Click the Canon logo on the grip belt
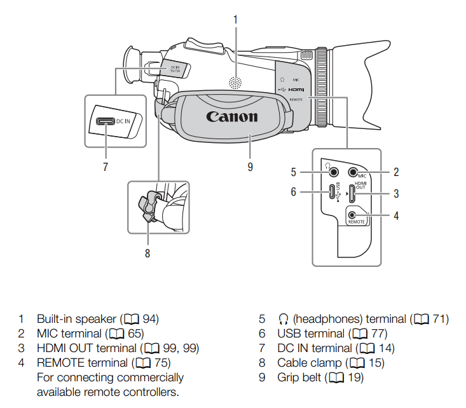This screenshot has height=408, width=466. tap(232, 116)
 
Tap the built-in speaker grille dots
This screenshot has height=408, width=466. tap(236, 83)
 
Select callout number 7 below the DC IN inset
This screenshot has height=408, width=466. tap(106, 167)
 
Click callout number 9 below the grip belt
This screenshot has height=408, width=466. tap(250, 167)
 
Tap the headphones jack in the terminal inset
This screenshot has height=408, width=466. tap(329, 172)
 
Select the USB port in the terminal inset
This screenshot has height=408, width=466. tap(332, 192)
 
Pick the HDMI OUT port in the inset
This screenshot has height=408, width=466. tap(352, 192)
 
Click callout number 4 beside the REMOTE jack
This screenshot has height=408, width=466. tap(395, 215)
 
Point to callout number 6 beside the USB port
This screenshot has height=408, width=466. tap(294, 191)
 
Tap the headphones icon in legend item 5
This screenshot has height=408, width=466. tap(284, 318)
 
